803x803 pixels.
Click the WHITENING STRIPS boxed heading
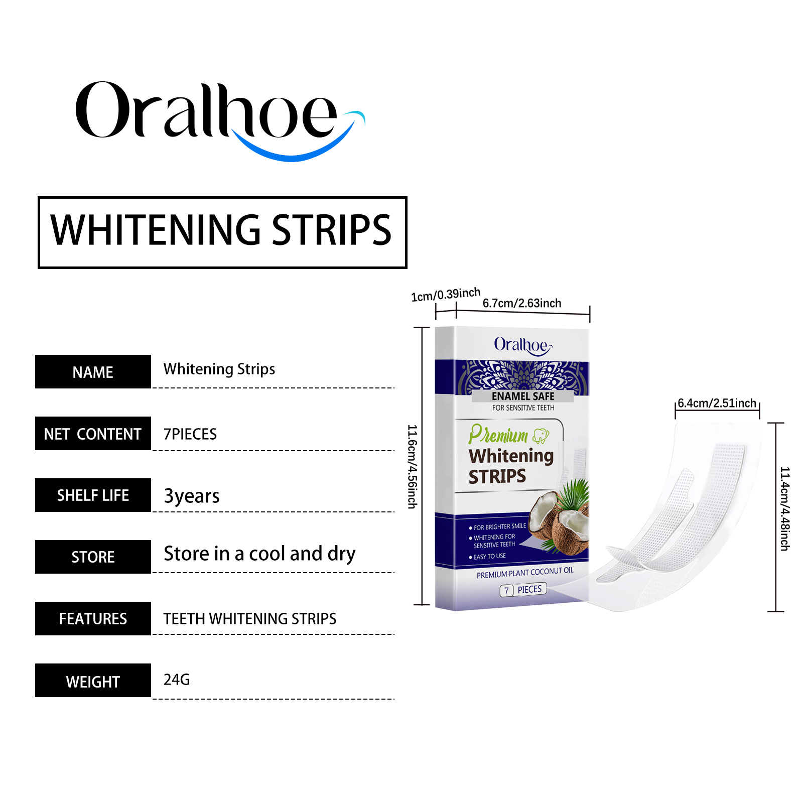(222, 232)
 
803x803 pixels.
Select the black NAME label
(93, 372)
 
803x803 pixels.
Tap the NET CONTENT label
(93, 434)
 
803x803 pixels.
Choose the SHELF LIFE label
(93, 495)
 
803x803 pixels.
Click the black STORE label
(93, 557)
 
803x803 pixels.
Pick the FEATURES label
(93, 619)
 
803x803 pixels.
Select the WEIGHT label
(93, 681)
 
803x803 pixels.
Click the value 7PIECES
(190, 434)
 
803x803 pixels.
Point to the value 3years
(192, 496)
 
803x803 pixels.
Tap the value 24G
(177, 680)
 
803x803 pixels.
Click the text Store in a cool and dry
(259, 554)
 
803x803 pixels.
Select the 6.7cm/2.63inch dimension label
(522, 303)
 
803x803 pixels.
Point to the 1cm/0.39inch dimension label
(446, 295)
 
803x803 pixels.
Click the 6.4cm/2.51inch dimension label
(717, 403)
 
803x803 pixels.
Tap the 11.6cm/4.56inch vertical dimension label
(412, 467)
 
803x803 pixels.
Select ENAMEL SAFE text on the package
(523, 396)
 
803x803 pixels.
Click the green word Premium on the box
(498, 435)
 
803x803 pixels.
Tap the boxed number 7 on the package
(506, 591)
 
